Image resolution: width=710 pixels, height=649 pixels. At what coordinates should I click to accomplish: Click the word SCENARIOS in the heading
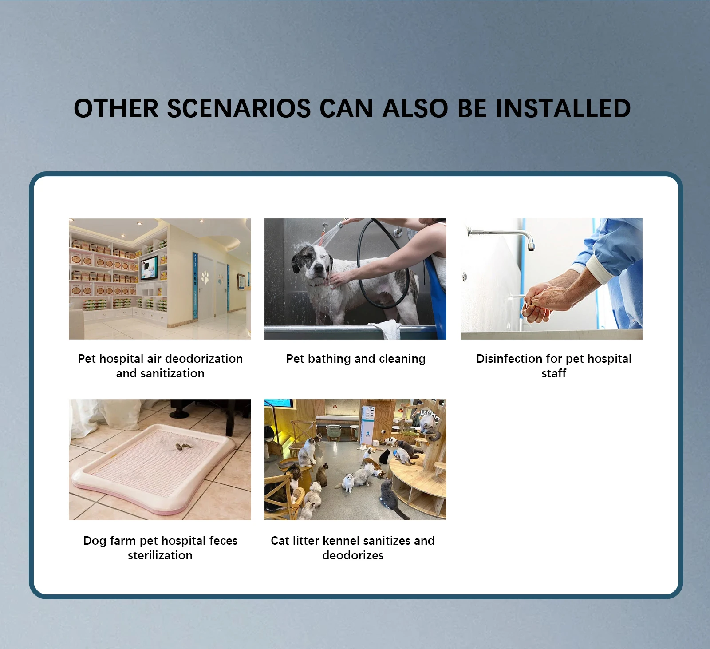tap(239, 108)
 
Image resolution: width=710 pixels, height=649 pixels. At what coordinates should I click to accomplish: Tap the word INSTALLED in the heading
tap(563, 108)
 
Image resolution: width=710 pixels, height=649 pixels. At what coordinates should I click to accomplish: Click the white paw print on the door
tap(205, 277)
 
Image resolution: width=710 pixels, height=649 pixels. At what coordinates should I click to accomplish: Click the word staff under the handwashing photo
tap(554, 373)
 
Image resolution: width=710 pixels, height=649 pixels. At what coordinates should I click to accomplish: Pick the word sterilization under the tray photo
tap(160, 555)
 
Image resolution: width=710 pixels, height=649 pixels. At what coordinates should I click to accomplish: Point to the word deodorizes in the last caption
tap(353, 555)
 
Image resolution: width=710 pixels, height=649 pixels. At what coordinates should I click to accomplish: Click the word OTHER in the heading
tap(116, 108)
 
